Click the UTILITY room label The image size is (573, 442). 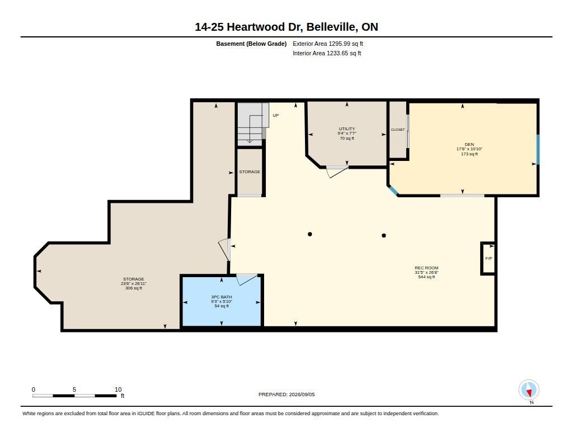pos(347,129)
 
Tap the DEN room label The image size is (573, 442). pos(469,145)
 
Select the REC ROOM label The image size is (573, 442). pos(426,268)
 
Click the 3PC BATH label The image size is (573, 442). pos(222,297)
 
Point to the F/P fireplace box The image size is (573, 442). pos(488,258)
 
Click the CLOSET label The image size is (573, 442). pos(398,130)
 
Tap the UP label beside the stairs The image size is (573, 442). pos(275,115)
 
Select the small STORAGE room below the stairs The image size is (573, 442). pos(250,172)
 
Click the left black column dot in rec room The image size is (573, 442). pos(310,234)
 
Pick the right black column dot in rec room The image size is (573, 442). pos(384,235)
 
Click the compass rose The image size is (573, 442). pos(529,390)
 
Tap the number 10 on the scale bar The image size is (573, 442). pos(118,389)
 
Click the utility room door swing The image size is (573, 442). pos(337,172)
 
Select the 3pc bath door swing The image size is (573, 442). pos(247,279)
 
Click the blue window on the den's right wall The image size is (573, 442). pos(538,149)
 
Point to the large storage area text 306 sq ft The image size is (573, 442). pos(133,288)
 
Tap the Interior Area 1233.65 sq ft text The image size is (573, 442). pos(327,53)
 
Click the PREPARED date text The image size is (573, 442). pos(286,395)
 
